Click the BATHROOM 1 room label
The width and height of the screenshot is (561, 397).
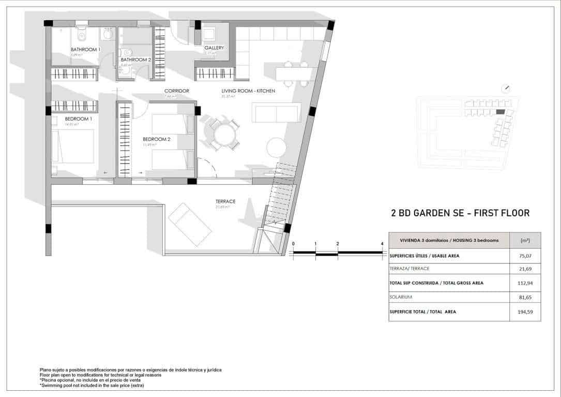[85, 50]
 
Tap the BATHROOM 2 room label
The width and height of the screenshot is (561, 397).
[135, 60]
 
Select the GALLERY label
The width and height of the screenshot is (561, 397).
[214, 48]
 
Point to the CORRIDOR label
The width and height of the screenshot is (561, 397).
[176, 91]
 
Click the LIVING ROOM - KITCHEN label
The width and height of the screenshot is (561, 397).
[248, 91]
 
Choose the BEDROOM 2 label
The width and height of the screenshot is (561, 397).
[156, 139]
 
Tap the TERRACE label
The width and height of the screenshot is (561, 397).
[225, 201]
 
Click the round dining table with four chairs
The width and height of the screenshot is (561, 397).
[224, 135]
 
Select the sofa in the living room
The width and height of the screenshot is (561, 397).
[276, 112]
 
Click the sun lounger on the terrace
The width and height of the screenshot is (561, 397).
[190, 224]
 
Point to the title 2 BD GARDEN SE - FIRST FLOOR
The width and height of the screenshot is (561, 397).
[460, 213]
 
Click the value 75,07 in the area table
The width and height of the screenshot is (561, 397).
[525, 255]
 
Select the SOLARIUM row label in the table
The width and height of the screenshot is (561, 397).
[402, 297]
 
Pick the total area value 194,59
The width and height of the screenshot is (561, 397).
[525, 312]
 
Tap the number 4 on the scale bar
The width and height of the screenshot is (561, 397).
[382, 244]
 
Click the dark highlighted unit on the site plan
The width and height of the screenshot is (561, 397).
[500, 112]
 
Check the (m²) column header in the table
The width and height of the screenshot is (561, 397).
[525, 240]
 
